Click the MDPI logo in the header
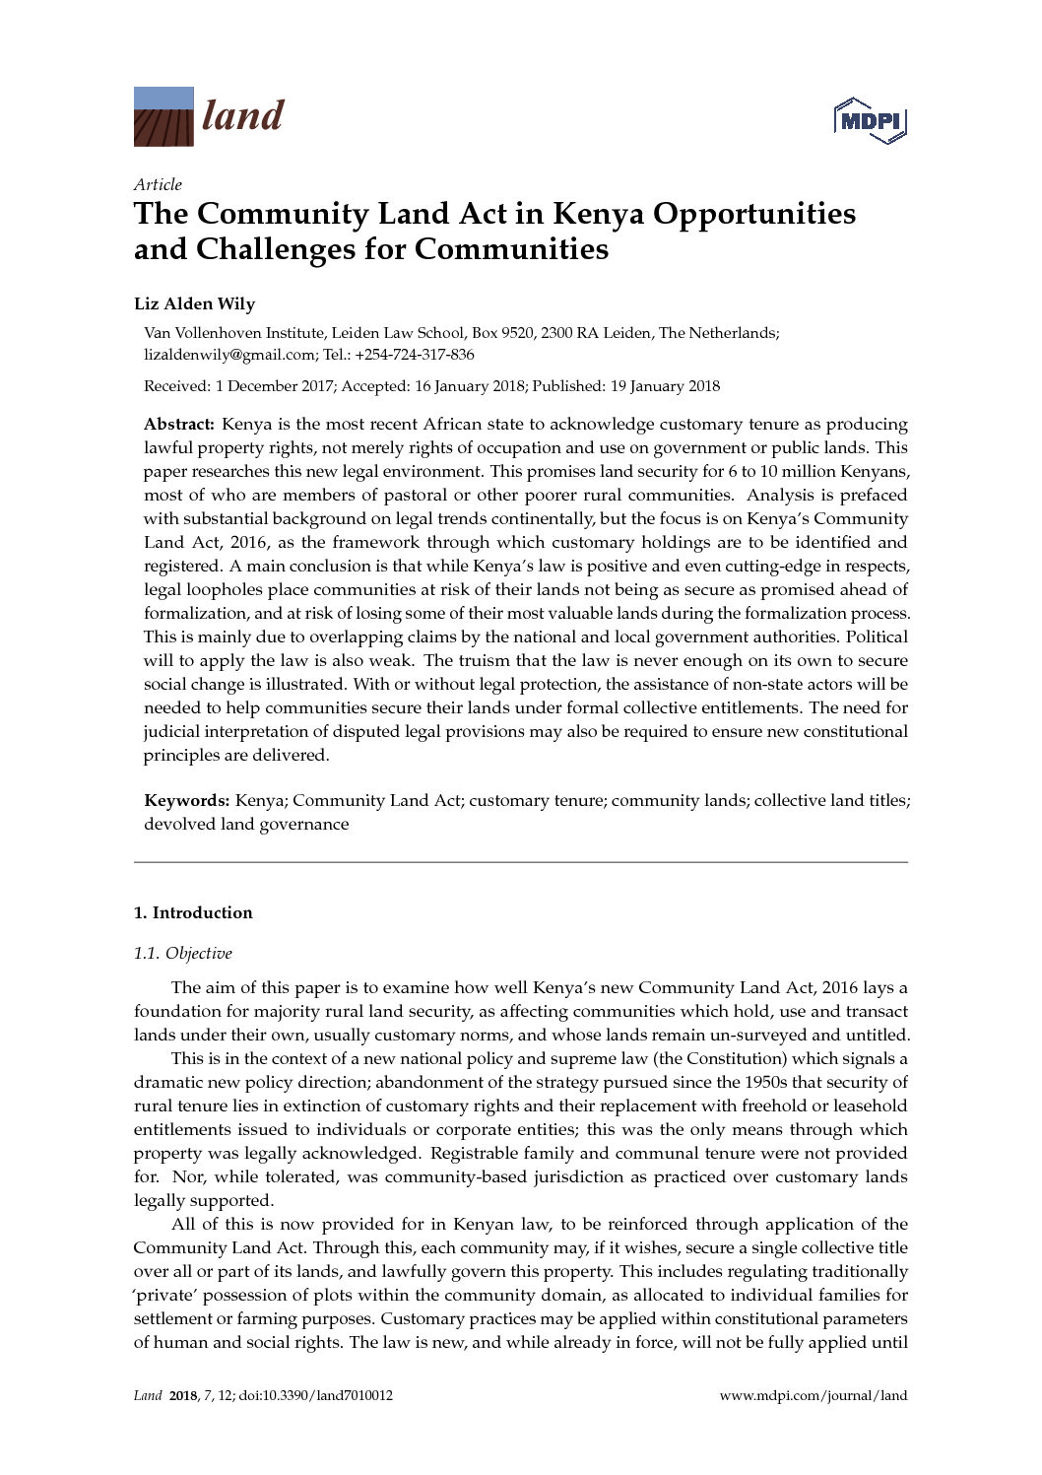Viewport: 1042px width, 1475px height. (870, 121)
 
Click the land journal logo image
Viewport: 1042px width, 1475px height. (163, 116)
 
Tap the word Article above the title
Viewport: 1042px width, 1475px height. (158, 184)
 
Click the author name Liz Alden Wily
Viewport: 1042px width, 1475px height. (194, 303)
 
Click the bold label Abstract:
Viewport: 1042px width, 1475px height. (179, 425)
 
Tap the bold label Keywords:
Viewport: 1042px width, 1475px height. (187, 801)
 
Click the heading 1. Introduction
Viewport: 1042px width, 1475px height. (193, 912)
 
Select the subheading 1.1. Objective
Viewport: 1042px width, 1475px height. (183, 953)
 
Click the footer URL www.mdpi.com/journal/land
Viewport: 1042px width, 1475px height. (814, 1395)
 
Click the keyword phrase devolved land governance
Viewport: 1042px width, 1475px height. (246, 825)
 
